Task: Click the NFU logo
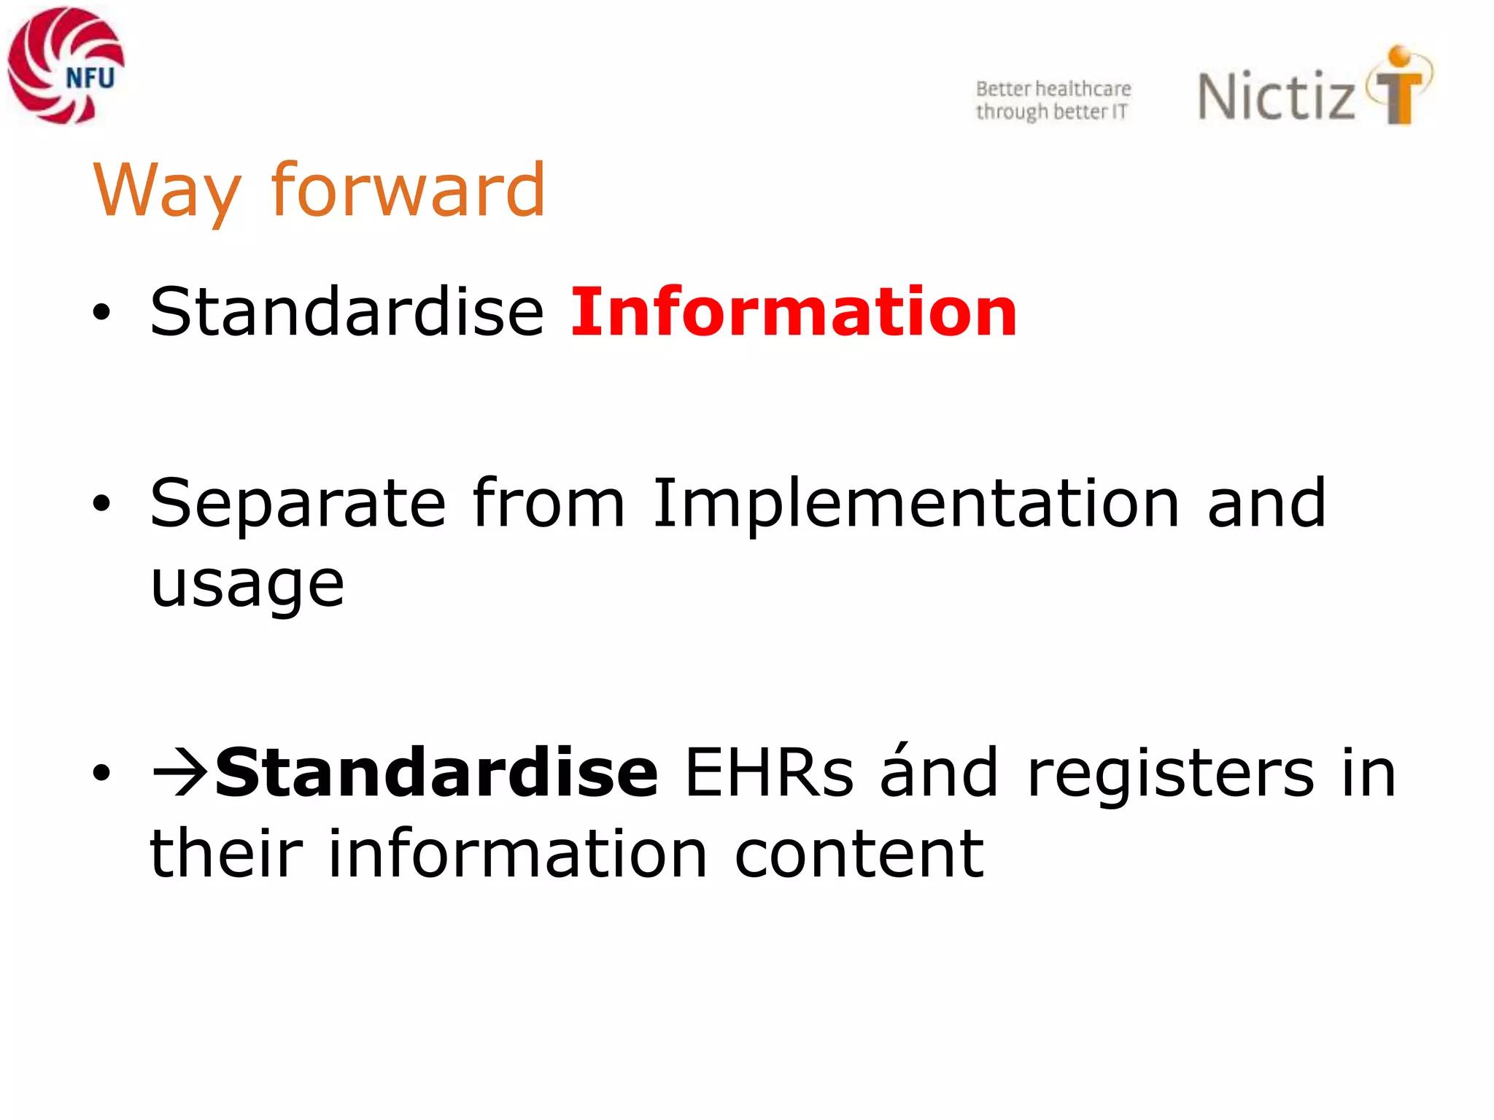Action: [66, 66]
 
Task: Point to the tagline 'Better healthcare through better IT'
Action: [1053, 100]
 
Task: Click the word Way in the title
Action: [167, 191]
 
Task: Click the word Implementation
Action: [916, 505]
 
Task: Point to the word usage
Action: [247, 586]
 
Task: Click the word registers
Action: [1170, 773]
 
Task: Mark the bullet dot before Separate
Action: [101, 504]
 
